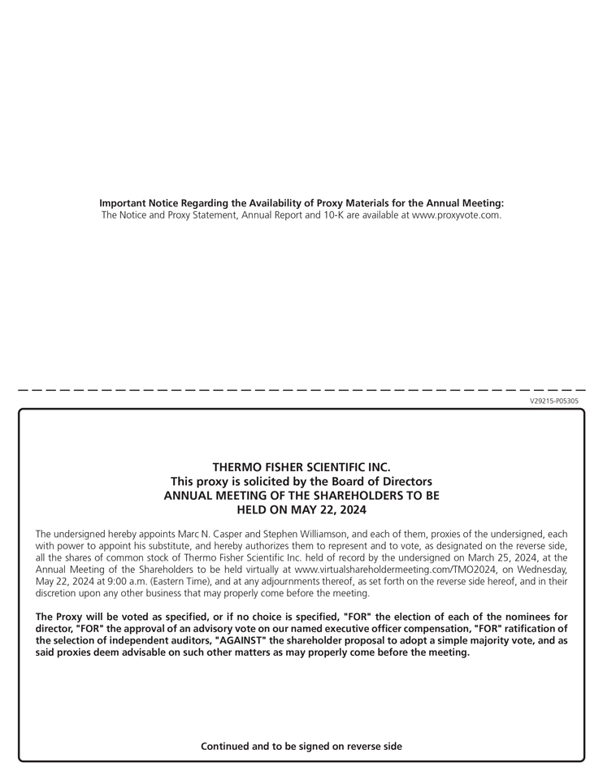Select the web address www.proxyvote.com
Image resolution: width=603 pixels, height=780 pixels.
pyautogui.click(x=457, y=215)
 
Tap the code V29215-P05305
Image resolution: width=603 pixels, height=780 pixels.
pyautogui.click(x=554, y=401)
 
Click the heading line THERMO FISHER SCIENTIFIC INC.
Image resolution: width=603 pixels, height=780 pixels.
pyautogui.click(x=301, y=467)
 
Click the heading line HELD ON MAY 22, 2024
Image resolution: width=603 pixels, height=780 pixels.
pyautogui.click(x=301, y=510)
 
